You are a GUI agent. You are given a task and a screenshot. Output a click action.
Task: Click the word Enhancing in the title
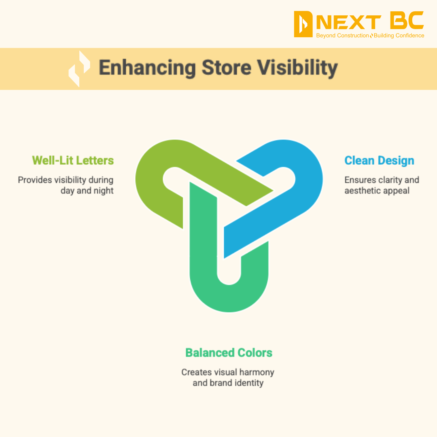(x=147, y=68)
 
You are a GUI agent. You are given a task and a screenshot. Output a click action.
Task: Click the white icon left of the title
(x=79, y=68)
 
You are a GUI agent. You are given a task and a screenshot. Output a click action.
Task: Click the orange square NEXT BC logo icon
(x=303, y=24)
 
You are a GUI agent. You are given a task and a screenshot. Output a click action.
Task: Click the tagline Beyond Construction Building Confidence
(x=370, y=36)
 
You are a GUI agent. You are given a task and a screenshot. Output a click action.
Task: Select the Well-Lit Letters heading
(x=73, y=160)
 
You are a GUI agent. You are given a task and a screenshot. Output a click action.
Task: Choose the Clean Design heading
(x=379, y=160)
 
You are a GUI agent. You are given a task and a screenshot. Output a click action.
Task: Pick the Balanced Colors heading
(x=229, y=352)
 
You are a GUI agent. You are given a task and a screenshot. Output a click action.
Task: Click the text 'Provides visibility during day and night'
(x=66, y=185)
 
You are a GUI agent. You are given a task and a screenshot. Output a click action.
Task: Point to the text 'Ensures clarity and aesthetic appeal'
(x=382, y=185)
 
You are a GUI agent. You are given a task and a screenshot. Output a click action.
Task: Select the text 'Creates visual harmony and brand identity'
(x=228, y=377)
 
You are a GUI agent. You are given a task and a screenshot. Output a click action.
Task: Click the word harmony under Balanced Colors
(x=257, y=372)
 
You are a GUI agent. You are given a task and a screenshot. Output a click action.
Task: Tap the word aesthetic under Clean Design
(x=362, y=190)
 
